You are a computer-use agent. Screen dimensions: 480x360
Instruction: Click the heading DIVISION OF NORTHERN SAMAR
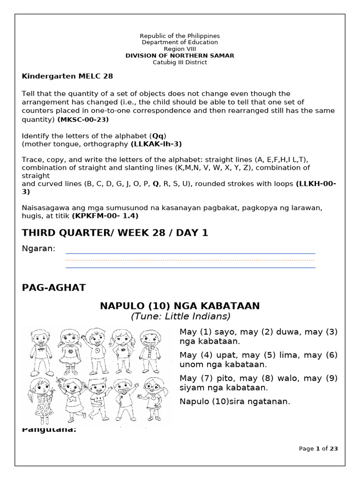pos(180,56)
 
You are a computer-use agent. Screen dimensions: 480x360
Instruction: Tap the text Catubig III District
pos(180,62)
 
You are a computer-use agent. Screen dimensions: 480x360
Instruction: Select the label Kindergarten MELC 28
pos(67,76)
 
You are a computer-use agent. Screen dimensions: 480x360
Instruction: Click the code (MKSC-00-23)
pos(83,120)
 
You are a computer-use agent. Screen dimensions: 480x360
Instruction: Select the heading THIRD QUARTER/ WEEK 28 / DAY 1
pos(115,233)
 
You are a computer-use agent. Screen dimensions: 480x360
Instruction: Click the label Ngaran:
pos(39,248)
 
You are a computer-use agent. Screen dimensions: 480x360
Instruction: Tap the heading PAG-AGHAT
pos(54,288)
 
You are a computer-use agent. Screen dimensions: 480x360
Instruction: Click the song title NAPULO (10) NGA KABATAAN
pos(180,306)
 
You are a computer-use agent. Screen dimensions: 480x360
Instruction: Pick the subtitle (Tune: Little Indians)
pos(180,316)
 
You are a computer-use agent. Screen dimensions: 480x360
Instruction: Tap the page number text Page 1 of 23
pos(318,449)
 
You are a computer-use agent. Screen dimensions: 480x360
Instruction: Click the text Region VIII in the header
pos(180,49)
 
